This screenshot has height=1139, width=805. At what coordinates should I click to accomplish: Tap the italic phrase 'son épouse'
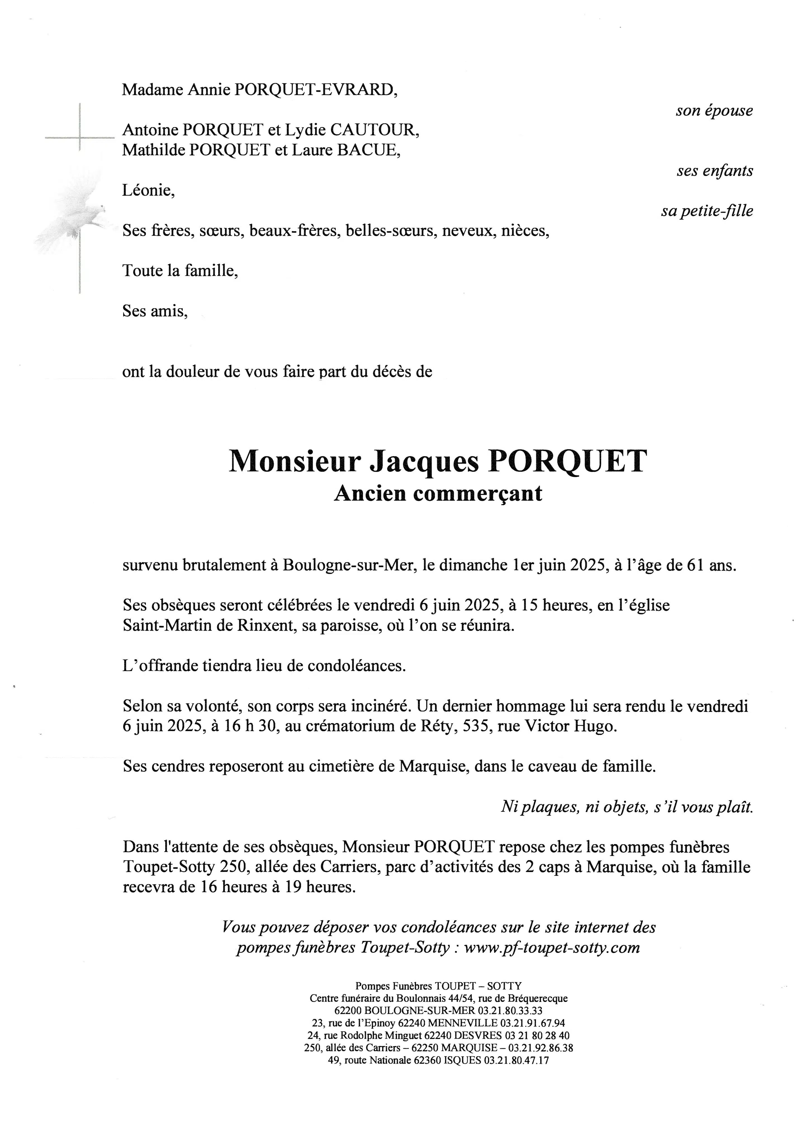coord(714,111)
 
